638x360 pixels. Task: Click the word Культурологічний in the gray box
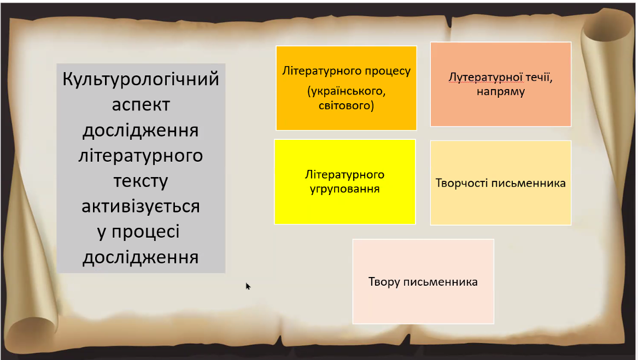[x=141, y=79]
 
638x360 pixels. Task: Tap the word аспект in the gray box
[x=141, y=105]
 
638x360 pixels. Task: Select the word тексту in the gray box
[x=141, y=181]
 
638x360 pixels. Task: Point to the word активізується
[x=141, y=206]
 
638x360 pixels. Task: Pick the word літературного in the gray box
[x=141, y=156]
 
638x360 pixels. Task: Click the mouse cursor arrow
[x=248, y=286]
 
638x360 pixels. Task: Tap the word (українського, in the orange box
[x=346, y=90]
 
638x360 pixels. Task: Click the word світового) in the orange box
[x=346, y=105]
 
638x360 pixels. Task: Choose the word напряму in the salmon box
[x=500, y=92]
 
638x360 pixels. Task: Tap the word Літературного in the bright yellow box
[x=344, y=175]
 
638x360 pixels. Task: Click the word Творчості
[x=462, y=182]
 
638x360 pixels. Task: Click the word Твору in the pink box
[x=384, y=282]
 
